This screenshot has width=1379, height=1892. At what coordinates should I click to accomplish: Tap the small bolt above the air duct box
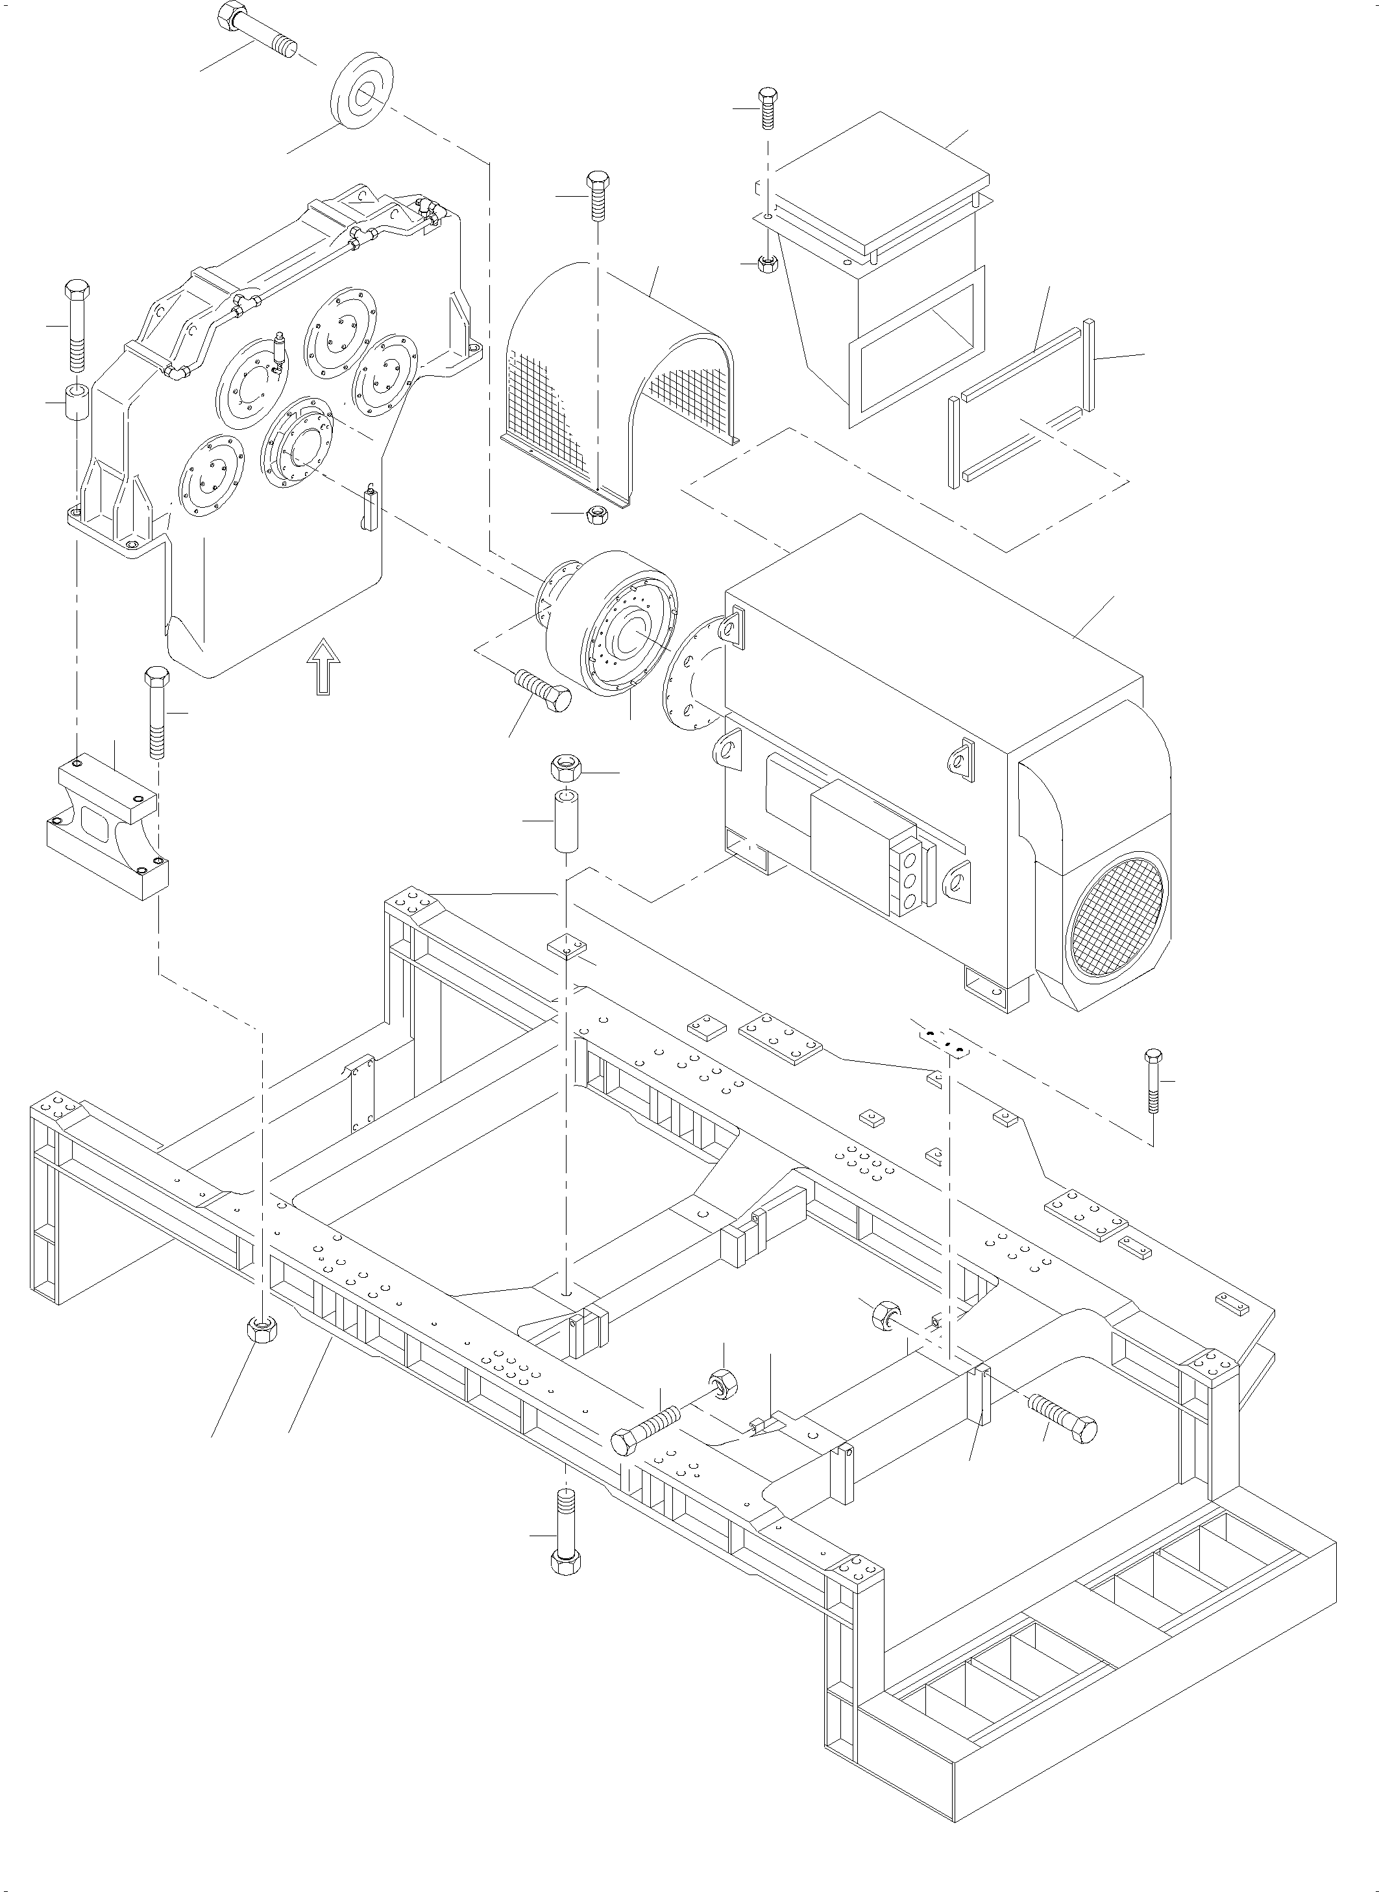pos(767,107)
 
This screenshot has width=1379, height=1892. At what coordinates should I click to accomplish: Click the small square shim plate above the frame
pos(567,946)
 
